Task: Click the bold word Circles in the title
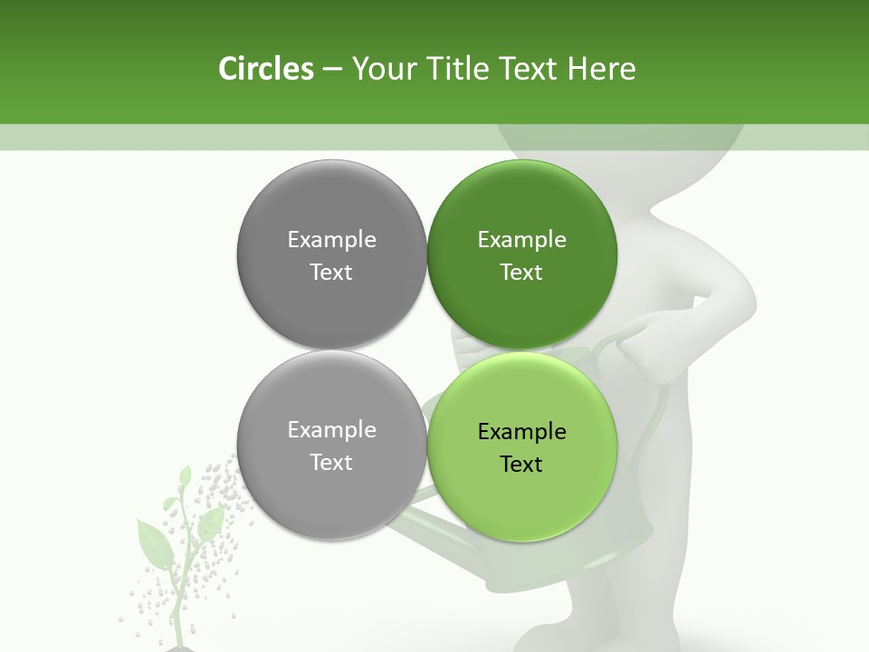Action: click(x=265, y=69)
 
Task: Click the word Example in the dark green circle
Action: click(x=521, y=240)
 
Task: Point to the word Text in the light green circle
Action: click(x=521, y=465)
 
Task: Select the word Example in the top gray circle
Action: click(x=331, y=240)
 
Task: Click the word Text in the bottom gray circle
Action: click(x=331, y=462)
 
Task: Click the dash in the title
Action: click(x=332, y=70)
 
